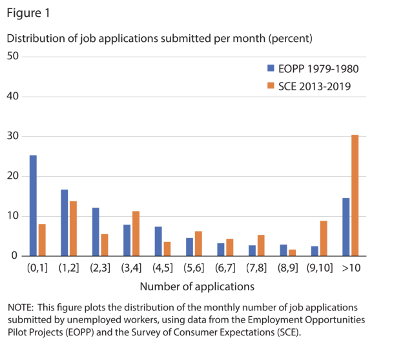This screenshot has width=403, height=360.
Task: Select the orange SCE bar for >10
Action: (x=355, y=195)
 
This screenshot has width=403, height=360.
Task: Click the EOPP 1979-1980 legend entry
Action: (x=313, y=69)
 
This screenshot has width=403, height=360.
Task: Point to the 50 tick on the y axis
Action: (x=12, y=57)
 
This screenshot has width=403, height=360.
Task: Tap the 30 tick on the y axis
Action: (x=12, y=137)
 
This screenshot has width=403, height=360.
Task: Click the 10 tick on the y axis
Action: (x=12, y=216)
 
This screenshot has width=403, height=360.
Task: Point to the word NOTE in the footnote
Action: (x=21, y=308)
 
